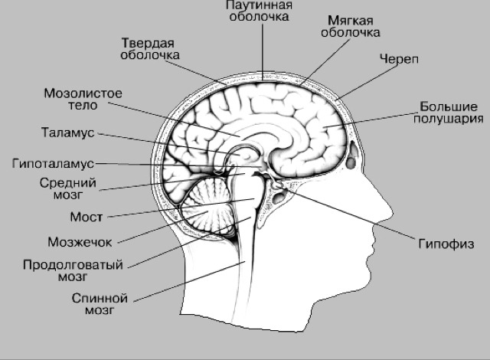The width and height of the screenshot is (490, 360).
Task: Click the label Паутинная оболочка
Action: pyautogui.click(x=260, y=11)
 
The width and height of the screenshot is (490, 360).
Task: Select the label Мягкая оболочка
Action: pyautogui.click(x=351, y=27)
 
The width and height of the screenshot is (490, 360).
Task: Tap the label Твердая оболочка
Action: pyautogui.click(x=150, y=49)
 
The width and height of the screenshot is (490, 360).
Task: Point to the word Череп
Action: pyautogui.click(x=399, y=59)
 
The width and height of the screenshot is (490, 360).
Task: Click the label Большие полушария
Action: pyautogui.click(x=449, y=113)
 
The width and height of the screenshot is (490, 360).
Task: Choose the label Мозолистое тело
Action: pyautogui.click(x=83, y=100)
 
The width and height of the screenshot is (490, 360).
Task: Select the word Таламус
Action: pyautogui.click(x=68, y=133)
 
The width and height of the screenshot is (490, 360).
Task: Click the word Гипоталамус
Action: pyautogui.click(x=53, y=163)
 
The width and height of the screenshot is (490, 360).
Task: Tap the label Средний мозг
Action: pyautogui.click(x=68, y=188)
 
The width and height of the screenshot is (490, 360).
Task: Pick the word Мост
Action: pyautogui.click(x=87, y=217)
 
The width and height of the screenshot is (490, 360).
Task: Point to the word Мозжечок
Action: pyautogui.click(x=80, y=242)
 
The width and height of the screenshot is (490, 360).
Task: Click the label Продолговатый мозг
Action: pyautogui.click(x=73, y=271)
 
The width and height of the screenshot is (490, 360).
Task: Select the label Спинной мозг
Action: pyautogui.click(x=100, y=304)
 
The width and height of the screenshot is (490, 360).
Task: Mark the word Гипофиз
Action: pyautogui.click(x=446, y=244)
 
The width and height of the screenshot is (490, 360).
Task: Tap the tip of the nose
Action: pyautogui.click(x=393, y=213)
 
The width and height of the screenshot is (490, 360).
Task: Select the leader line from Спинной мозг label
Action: pyautogui.click(x=190, y=282)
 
